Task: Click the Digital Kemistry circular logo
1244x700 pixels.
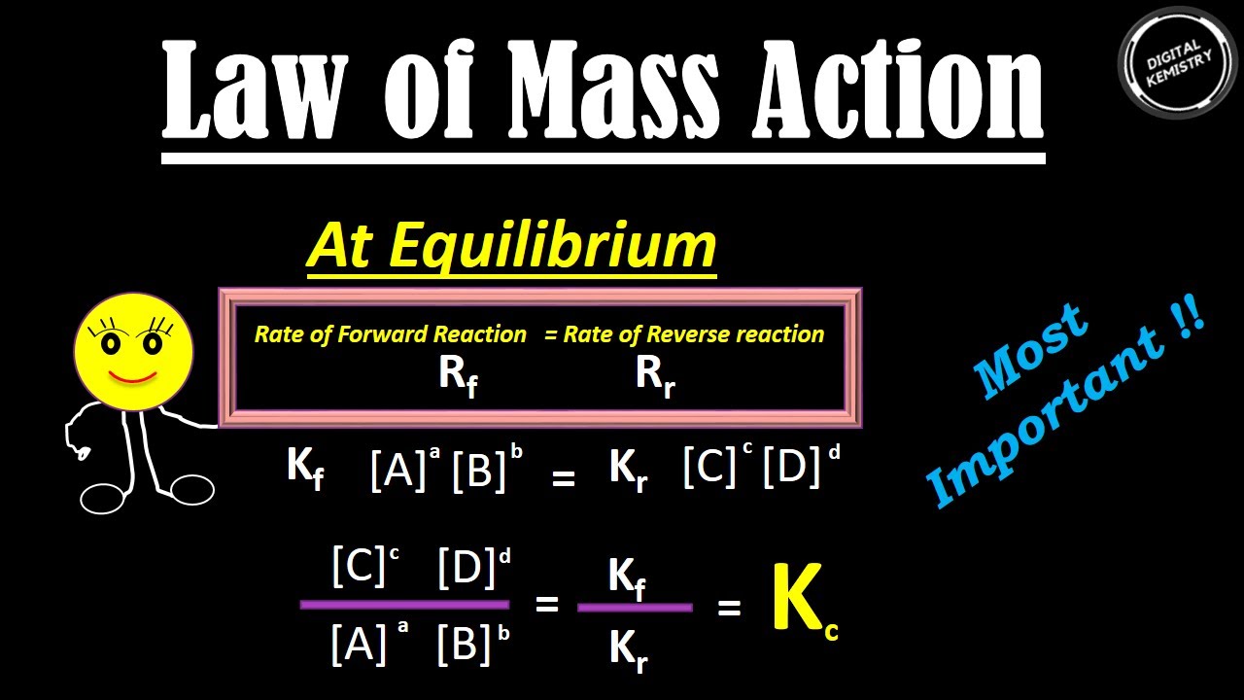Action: [x=1178, y=61]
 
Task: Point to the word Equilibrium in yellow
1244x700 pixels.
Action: [x=553, y=247]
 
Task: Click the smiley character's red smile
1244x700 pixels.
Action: [x=133, y=374]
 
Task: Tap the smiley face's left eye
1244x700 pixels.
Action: [x=110, y=343]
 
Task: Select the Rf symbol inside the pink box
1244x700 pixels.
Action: [x=458, y=374]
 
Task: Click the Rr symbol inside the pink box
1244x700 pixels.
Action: [x=655, y=374]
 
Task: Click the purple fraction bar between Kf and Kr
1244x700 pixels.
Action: [x=635, y=608]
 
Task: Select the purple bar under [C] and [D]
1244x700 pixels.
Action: [x=404, y=605]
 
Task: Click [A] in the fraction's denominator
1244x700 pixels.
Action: [x=359, y=644]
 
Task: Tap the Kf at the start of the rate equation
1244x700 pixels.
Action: [x=305, y=469]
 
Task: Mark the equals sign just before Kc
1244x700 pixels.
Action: [x=729, y=608]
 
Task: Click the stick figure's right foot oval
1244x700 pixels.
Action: [x=190, y=488]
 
